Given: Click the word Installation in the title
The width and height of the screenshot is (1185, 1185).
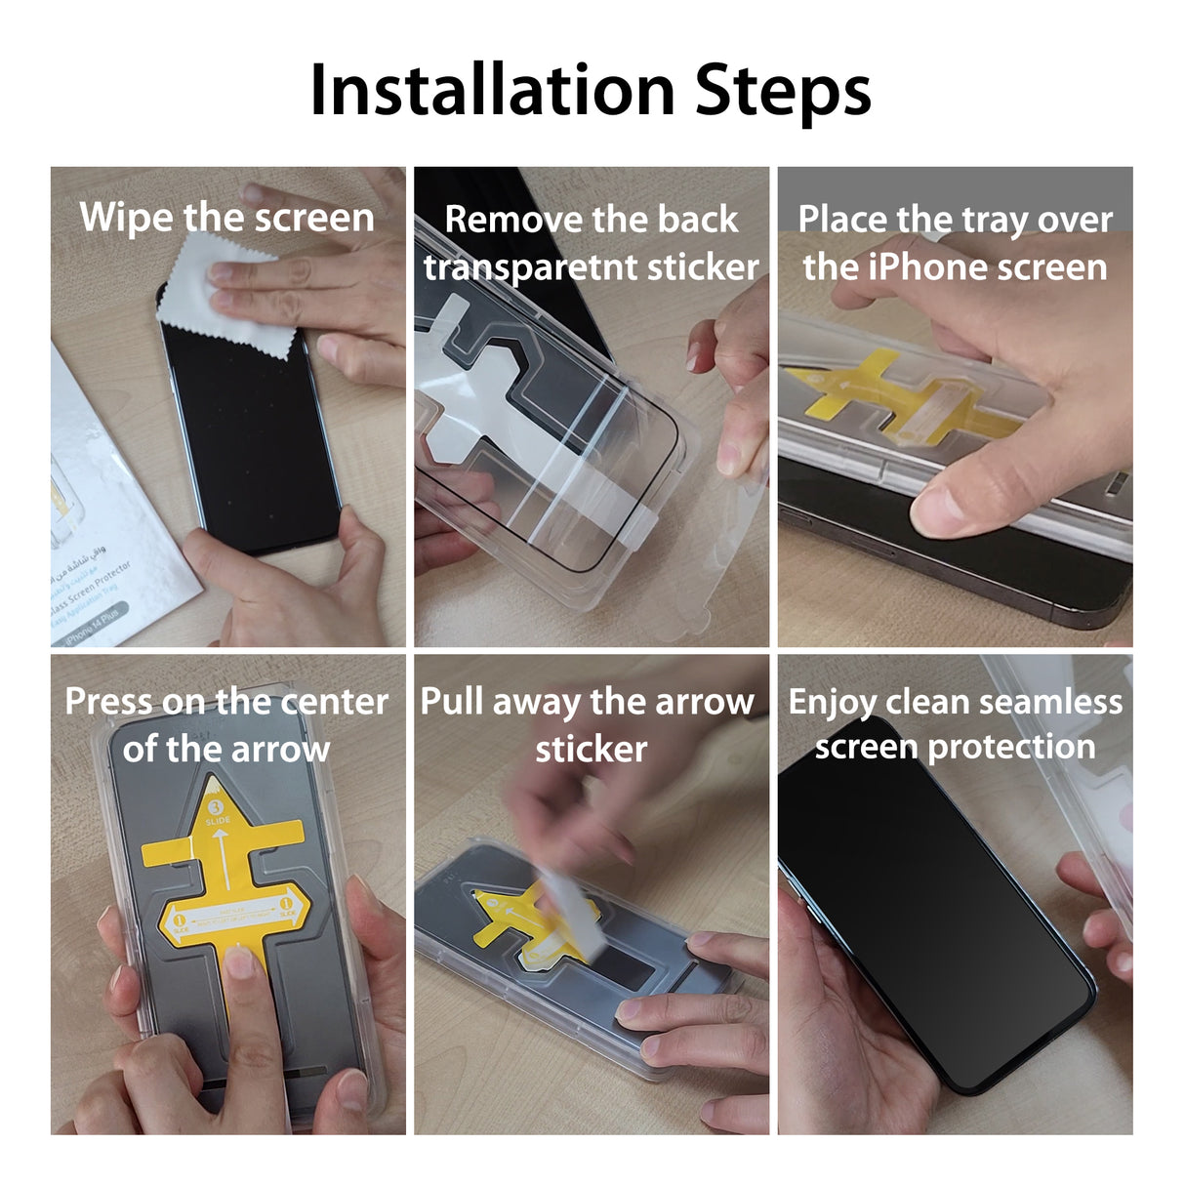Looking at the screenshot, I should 492,90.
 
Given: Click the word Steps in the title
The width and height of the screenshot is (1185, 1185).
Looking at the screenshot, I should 782,92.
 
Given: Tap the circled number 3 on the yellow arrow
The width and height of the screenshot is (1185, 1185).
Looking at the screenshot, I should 217,807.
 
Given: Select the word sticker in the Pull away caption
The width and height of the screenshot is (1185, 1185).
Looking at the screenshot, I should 591,749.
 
